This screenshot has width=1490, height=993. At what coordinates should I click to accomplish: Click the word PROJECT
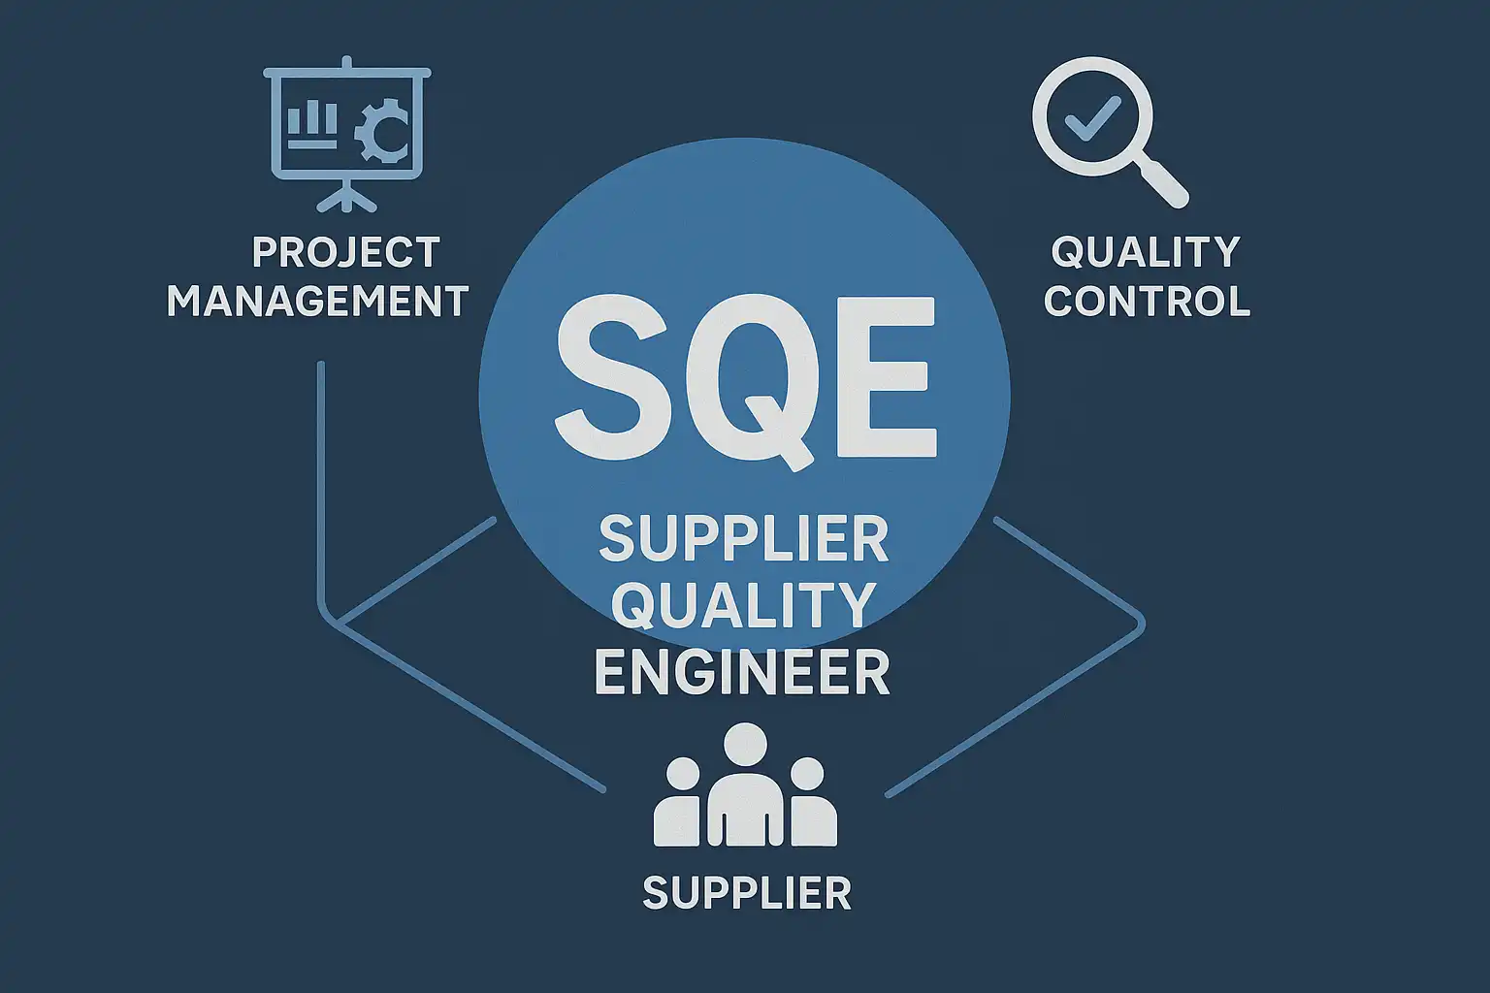click(345, 252)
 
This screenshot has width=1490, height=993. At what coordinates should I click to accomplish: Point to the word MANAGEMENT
click(318, 301)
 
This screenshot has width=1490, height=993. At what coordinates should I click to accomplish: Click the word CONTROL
click(1147, 301)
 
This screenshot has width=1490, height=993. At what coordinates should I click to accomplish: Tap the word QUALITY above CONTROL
click(1146, 252)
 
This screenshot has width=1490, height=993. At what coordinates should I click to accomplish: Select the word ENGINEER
click(742, 673)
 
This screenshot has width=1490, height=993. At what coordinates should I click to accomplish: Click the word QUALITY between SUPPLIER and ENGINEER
click(744, 605)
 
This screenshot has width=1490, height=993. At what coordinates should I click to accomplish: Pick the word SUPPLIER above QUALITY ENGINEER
click(744, 539)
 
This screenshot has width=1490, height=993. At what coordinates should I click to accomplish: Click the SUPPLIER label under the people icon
click(747, 893)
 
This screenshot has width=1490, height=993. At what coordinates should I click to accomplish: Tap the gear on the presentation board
click(382, 134)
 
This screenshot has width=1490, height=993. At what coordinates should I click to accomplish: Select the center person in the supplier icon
click(745, 790)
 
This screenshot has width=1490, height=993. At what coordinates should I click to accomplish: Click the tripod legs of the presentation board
click(346, 198)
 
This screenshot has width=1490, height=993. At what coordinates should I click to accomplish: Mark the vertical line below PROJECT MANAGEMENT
click(320, 485)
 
